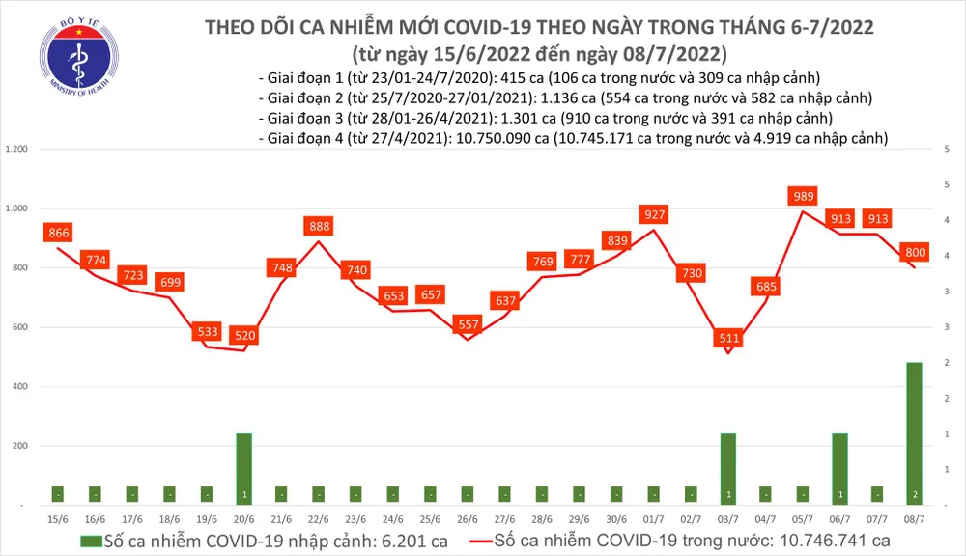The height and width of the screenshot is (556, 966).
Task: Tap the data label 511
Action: tap(728, 339)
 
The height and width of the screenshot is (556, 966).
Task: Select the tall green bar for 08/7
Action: tap(914, 431)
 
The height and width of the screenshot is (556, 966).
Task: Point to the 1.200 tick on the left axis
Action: tap(15, 150)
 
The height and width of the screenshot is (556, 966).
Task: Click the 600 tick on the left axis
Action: tap(19, 327)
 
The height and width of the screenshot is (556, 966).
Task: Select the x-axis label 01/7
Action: tap(654, 520)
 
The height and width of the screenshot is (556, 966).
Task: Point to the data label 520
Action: tap(244, 336)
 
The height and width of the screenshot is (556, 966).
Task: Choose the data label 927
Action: tap(654, 214)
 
